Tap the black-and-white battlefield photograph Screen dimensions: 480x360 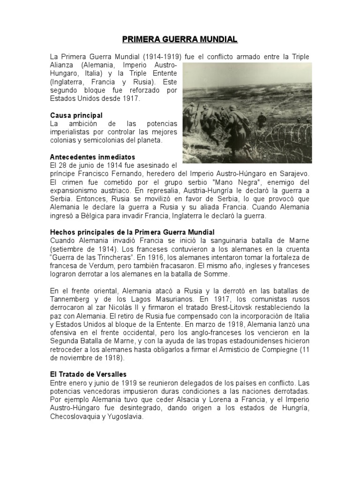246,112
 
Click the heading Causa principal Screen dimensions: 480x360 76,115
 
